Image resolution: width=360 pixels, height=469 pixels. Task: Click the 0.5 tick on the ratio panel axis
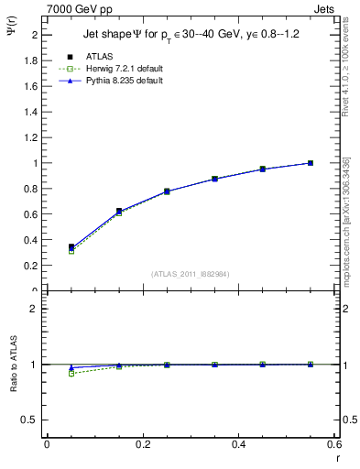32,420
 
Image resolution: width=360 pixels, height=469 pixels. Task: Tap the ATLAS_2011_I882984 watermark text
191,273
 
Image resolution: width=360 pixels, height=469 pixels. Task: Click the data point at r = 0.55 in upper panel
311,163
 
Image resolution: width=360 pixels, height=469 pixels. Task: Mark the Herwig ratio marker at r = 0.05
47,374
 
